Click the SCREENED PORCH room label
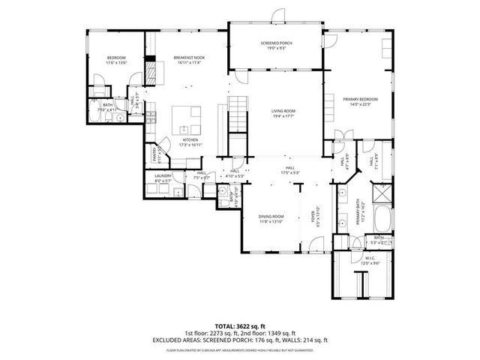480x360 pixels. (x=276, y=44)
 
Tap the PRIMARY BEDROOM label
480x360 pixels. (x=360, y=100)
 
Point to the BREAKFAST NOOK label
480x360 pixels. (x=189, y=58)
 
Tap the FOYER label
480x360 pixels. (x=314, y=215)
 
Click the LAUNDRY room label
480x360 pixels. (x=163, y=177)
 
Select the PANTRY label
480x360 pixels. (x=155, y=154)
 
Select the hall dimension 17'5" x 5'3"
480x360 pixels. (x=289, y=172)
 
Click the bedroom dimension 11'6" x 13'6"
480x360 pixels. (x=117, y=63)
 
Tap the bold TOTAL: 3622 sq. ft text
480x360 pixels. (x=239, y=326)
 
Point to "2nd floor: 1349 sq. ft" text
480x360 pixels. (x=271, y=333)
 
